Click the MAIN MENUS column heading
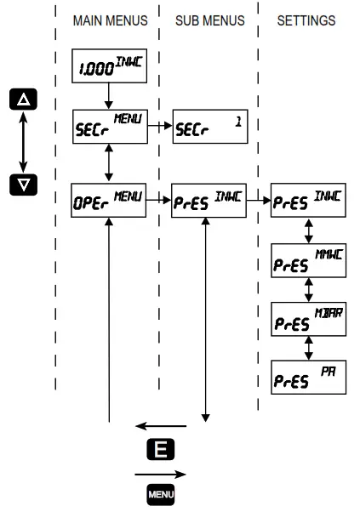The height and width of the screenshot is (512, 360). pos(109,20)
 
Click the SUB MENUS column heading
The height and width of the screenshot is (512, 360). pos(209,20)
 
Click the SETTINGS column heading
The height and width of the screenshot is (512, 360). pos(306,20)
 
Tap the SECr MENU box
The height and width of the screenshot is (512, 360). pos(109,128)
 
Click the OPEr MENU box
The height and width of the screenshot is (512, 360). pos(109,202)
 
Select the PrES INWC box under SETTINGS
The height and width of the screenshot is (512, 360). pos(308,202)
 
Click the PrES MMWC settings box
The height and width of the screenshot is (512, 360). pos(308,259)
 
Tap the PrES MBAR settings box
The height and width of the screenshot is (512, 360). pos(308,318)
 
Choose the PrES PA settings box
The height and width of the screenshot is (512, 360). pos(308,376)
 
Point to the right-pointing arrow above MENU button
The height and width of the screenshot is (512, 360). pos(160,472)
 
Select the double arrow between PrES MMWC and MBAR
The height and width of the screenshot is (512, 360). pos(308,289)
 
